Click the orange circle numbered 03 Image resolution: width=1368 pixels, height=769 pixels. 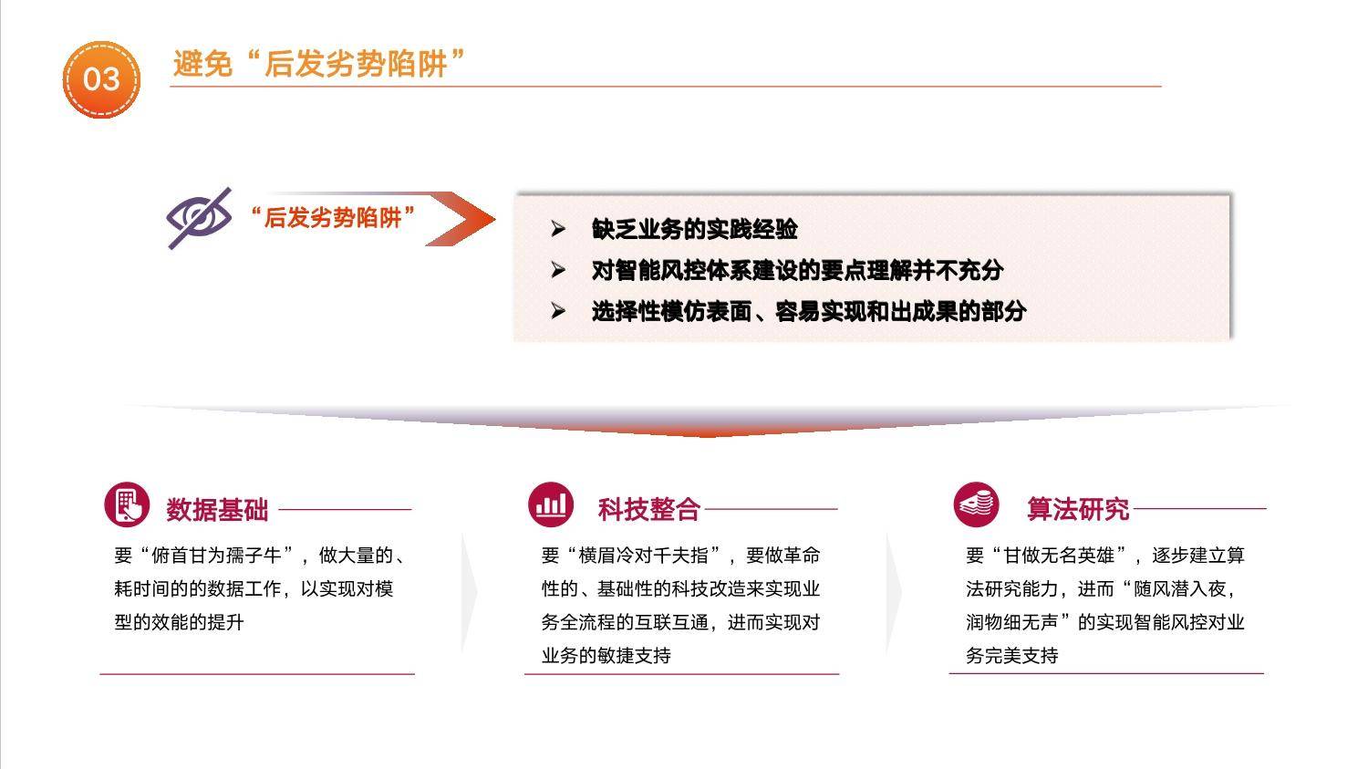coord(101,79)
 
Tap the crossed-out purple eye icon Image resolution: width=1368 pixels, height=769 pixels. coord(199,217)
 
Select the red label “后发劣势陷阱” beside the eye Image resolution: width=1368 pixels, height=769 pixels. coord(334,217)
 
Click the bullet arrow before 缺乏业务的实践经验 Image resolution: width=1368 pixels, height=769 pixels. coord(557,229)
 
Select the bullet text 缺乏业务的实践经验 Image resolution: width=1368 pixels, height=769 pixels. coord(694,230)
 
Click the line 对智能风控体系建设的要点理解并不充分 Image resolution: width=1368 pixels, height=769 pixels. coord(797,271)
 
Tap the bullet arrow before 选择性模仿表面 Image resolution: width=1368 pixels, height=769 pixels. coord(557,311)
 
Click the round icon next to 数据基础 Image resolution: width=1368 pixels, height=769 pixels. coord(127,504)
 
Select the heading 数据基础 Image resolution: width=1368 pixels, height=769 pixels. coord(217,509)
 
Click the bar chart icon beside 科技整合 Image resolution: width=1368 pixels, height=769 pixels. coord(551,504)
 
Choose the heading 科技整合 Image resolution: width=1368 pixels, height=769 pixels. coord(648,509)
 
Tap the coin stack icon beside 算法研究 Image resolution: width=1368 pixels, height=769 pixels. coord(976,504)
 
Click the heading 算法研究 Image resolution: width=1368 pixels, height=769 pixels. coord(1078,509)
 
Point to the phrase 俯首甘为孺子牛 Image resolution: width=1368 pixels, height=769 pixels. coord(216,556)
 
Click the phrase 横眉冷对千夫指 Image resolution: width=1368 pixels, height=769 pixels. coord(643,556)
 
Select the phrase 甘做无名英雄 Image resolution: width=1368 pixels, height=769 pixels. coord(1059,556)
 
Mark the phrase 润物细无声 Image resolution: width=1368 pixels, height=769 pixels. coord(1012,622)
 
